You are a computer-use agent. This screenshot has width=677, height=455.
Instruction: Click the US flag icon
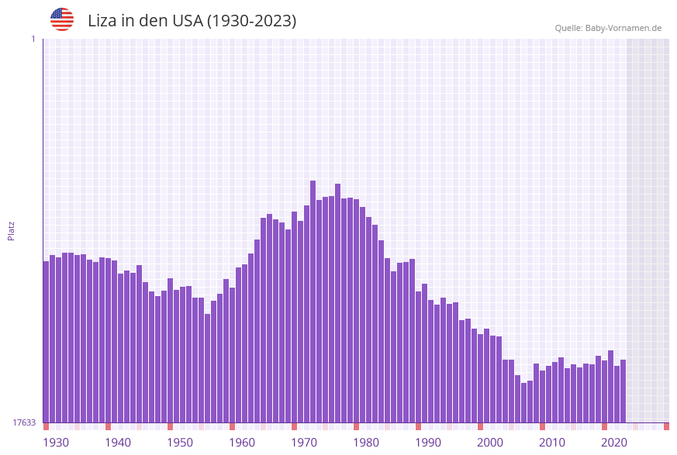(x=62, y=19)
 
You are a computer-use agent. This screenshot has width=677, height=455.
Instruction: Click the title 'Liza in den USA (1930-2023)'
(x=192, y=21)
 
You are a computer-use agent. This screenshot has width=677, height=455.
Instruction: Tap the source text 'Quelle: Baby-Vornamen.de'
(x=608, y=28)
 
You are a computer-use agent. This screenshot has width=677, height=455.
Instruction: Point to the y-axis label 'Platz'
(x=12, y=230)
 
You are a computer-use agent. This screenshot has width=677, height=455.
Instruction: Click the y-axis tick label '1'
(x=33, y=39)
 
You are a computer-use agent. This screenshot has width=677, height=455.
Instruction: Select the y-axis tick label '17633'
(x=24, y=422)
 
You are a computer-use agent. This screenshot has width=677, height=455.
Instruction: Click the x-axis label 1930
(x=56, y=442)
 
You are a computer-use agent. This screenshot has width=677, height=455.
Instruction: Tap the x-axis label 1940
(x=118, y=442)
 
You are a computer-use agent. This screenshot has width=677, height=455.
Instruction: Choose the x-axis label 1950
(x=180, y=442)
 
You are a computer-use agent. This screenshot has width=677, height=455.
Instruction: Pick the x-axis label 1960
(x=242, y=442)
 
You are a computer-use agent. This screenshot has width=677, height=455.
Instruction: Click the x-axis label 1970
(x=304, y=442)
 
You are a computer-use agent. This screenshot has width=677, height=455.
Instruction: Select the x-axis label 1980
(x=366, y=442)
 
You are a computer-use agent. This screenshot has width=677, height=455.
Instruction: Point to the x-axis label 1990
(x=428, y=442)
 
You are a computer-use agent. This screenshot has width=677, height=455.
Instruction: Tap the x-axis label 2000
(x=490, y=442)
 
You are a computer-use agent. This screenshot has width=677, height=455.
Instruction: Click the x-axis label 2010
(x=552, y=442)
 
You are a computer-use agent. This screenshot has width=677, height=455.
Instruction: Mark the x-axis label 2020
(x=614, y=442)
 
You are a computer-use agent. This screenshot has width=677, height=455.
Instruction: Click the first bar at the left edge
(x=46, y=341)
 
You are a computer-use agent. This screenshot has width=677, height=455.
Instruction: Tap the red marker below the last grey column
(x=666, y=426)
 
